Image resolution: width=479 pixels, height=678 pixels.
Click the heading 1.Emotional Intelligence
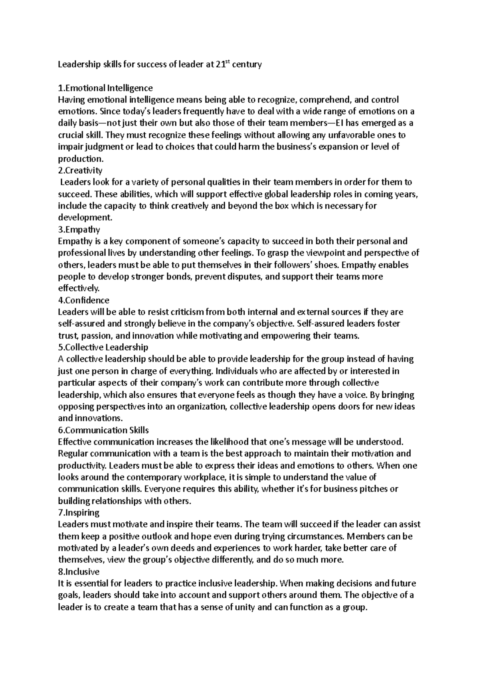pyautogui.click(x=105, y=87)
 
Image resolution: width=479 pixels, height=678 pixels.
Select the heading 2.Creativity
pyautogui.click(x=80, y=170)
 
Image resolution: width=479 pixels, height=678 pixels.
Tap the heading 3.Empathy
pyautogui.click(x=79, y=230)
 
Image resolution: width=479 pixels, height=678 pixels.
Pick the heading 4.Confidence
pyautogui.click(x=84, y=300)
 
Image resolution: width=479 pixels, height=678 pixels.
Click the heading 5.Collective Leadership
pyautogui.click(x=103, y=347)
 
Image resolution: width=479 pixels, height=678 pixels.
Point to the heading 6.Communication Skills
pyautogui.click(x=103, y=430)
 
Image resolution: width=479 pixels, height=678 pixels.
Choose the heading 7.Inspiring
pyautogui.click(x=79, y=512)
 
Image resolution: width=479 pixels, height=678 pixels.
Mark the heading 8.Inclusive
pyautogui.click(x=79, y=571)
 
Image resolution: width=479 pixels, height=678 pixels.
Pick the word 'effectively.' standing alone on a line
pyautogui.click(x=79, y=288)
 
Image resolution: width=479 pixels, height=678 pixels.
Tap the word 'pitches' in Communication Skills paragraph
pyautogui.click(x=374, y=489)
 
